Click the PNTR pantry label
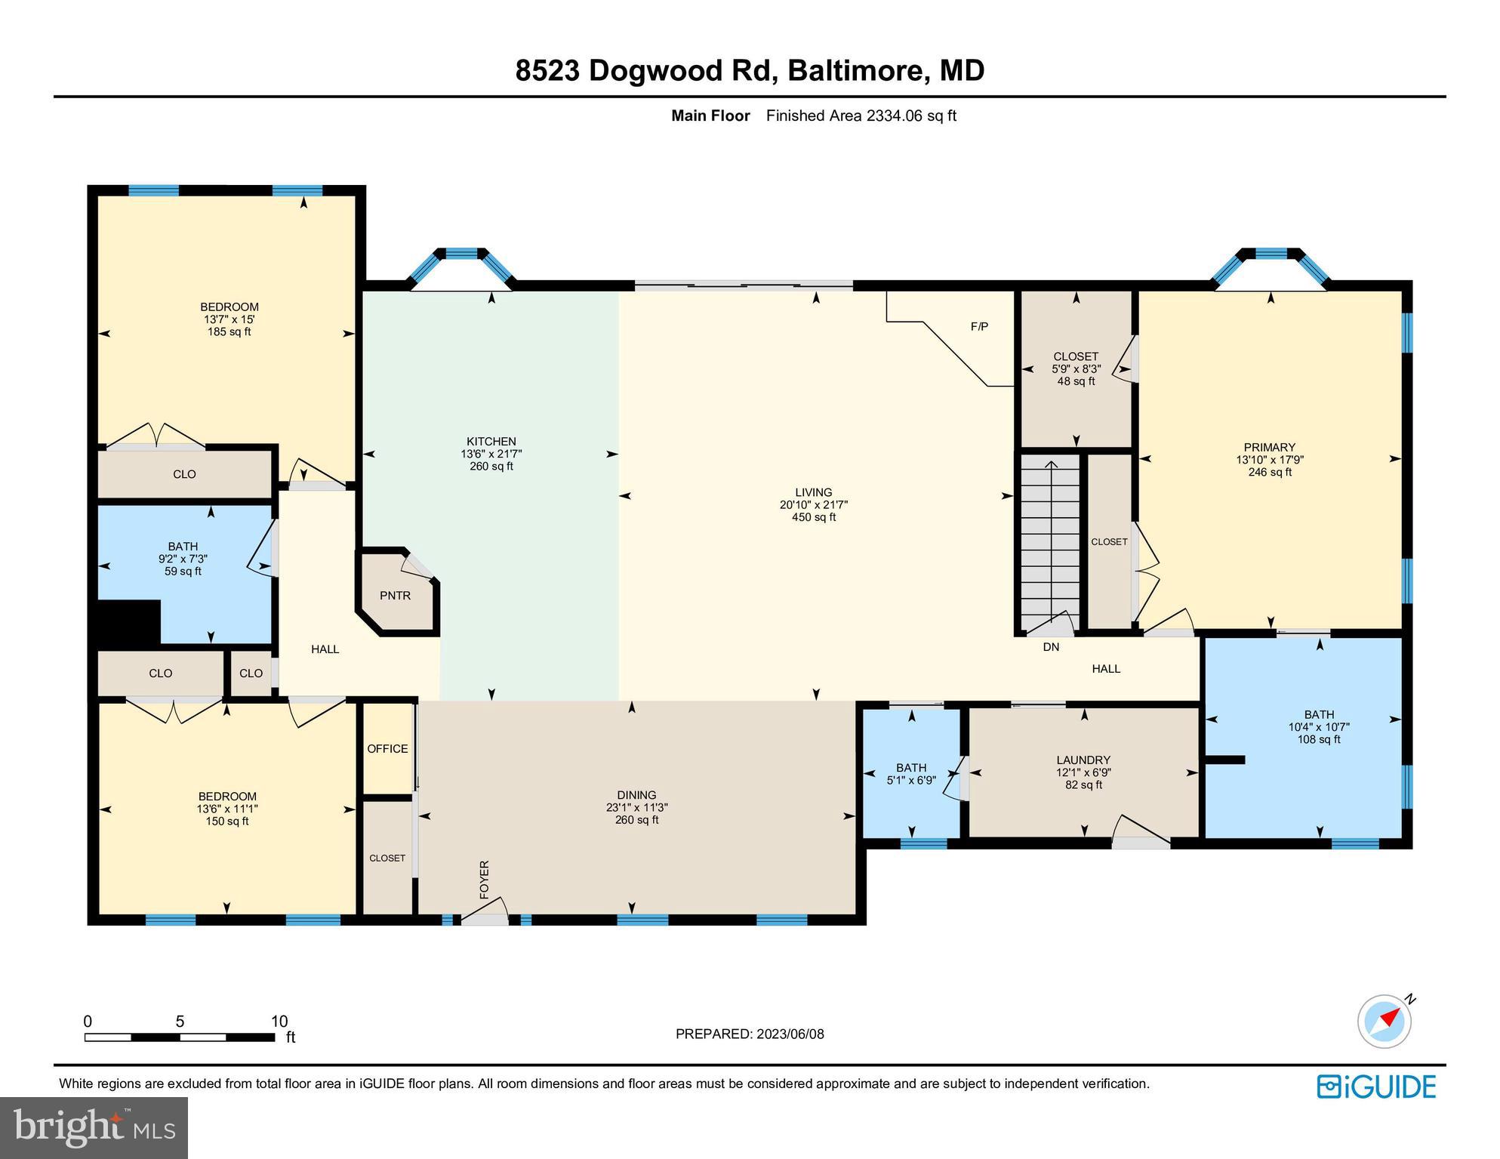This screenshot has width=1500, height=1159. [x=395, y=596]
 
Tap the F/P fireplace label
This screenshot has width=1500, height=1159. [x=979, y=327]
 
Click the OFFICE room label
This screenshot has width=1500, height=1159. [x=387, y=749]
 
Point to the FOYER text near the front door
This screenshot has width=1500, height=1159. [x=485, y=879]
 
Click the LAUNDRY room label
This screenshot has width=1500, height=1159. [x=1083, y=760]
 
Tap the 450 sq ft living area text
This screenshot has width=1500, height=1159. [x=813, y=517]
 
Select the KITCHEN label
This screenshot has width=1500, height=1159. [x=491, y=442]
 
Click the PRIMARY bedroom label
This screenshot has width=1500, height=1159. [x=1270, y=447]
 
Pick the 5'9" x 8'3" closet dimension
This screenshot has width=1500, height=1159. [x=1076, y=369]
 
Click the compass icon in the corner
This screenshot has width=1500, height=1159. [x=1384, y=1022]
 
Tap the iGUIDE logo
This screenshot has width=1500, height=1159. [x=1376, y=1087]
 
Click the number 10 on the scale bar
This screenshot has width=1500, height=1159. [x=279, y=1022]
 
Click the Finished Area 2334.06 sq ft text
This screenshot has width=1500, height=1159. [x=861, y=116]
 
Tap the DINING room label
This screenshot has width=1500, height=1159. [x=636, y=795]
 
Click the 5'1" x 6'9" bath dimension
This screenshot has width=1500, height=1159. [x=911, y=780]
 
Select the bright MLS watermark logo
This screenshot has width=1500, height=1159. [x=94, y=1128]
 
